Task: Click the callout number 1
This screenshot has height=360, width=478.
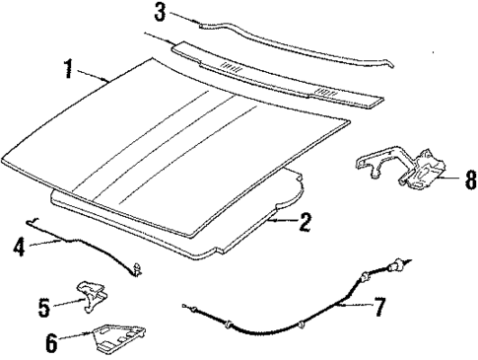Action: click(68, 71)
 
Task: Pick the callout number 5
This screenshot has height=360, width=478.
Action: click(44, 306)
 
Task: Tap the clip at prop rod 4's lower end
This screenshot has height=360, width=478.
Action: click(144, 265)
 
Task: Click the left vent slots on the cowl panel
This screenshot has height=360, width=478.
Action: click(230, 66)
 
